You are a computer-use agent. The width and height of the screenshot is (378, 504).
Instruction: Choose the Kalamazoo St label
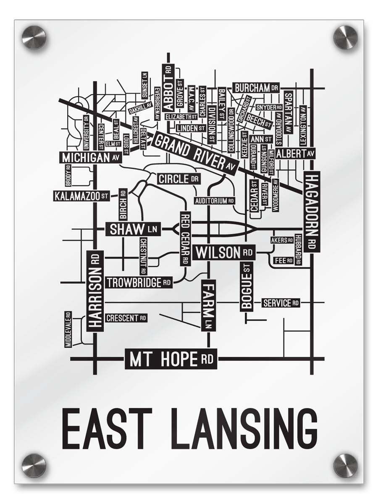point(81,196)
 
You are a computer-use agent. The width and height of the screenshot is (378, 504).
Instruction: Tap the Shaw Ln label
point(133,229)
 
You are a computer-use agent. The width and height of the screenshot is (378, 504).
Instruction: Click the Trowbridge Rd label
point(139,283)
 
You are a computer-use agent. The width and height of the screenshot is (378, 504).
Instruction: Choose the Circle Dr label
point(178,179)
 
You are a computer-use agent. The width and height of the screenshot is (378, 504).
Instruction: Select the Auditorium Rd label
point(214,201)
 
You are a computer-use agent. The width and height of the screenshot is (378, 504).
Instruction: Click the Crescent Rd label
point(126,318)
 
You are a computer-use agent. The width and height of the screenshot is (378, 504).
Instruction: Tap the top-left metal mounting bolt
point(34,37)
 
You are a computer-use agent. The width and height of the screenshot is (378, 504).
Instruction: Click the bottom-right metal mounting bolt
point(345,465)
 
